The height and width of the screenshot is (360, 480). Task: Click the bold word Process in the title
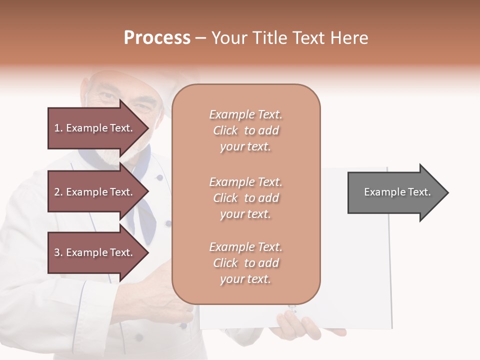tap(157, 38)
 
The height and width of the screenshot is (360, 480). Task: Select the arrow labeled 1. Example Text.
tap(95, 128)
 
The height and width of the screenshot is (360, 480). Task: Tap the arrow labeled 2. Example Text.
tap(95, 192)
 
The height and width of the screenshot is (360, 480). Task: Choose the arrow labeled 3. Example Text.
tap(95, 252)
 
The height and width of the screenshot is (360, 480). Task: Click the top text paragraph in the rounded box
tap(245, 130)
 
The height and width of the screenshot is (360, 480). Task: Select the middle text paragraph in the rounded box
tap(245, 198)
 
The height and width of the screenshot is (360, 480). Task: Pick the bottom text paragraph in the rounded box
tap(245, 263)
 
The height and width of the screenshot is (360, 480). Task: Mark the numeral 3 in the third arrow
tap(57, 252)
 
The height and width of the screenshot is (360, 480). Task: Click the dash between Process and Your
tap(201, 38)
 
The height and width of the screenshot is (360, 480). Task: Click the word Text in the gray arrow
tap(419, 192)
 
